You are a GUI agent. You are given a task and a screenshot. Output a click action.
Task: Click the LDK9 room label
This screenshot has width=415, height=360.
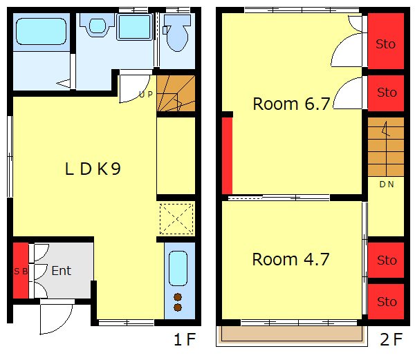(x=93, y=169)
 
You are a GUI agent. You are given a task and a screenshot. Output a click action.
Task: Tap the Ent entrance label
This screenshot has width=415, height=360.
(x=62, y=271)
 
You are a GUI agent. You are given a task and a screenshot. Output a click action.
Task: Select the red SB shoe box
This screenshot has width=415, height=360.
(x=21, y=271)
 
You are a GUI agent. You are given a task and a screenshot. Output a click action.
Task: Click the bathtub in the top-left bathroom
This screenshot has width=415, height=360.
(x=41, y=32)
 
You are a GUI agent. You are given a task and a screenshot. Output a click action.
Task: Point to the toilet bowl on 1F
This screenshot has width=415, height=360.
(x=177, y=33)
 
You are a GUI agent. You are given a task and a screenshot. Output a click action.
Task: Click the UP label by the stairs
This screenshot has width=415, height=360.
(x=146, y=95)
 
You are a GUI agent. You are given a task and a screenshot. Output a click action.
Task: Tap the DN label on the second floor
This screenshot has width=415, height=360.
(x=387, y=184)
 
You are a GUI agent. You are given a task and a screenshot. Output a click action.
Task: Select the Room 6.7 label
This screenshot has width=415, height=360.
(x=291, y=104)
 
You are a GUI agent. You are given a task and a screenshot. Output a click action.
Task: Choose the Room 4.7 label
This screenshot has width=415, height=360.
(x=290, y=259)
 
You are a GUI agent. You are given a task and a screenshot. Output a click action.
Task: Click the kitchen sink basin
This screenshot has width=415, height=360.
(x=178, y=268)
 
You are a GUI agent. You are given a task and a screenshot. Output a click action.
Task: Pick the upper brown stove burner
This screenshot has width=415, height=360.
(x=178, y=297)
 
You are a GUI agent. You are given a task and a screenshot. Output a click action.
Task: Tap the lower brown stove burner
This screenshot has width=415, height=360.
(x=178, y=307)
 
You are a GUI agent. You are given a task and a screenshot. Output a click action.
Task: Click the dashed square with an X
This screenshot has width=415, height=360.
(x=176, y=218)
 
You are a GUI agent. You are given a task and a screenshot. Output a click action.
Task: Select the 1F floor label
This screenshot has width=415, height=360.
(x=185, y=339)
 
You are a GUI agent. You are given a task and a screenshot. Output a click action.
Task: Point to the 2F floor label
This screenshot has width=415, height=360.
(x=391, y=339)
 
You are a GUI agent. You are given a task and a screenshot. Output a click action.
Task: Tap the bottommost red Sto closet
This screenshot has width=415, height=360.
(x=386, y=301)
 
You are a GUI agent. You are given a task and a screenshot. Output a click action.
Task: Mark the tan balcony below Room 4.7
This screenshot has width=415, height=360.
(x=292, y=333)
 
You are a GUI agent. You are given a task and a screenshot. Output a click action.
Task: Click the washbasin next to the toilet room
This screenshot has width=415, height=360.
(x=98, y=26)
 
